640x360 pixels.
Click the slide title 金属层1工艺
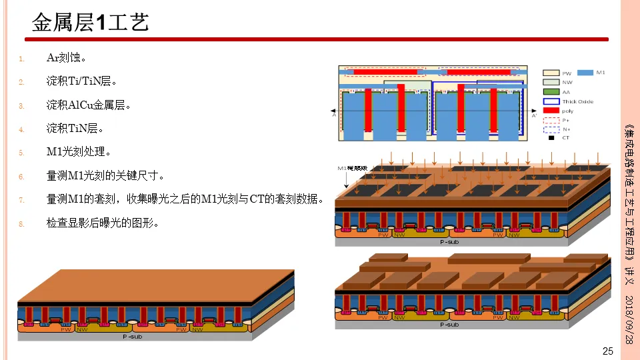[x=90, y=23]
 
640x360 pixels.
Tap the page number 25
[x=607, y=351]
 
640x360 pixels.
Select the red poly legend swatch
[x=551, y=111]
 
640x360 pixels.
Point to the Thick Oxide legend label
[x=577, y=102]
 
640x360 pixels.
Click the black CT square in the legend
[x=551, y=138]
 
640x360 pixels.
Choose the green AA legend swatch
[x=551, y=92]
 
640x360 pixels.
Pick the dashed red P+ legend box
[x=551, y=120]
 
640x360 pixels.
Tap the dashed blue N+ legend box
[x=551, y=129]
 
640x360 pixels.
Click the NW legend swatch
[x=551, y=83]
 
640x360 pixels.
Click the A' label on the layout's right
[x=534, y=116]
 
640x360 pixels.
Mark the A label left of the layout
[x=333, y=115]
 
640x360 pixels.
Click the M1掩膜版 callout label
[x=352, y=169]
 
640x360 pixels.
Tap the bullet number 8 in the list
[x=21, y=224]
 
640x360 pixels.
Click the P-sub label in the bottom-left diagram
[x=132, y=337]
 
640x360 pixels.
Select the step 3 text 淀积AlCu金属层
[x=88, y=105]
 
